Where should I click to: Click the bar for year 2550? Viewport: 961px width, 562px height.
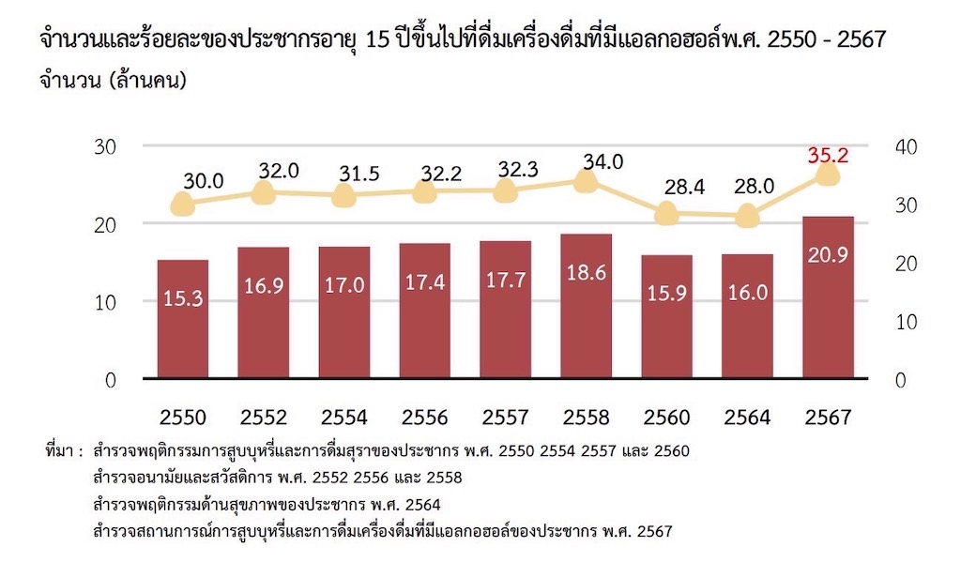[183, 319]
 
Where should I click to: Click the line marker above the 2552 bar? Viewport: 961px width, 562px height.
[264, 193]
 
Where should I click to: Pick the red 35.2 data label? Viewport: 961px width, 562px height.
[828, 154]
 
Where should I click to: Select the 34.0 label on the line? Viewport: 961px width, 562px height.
[603, 161]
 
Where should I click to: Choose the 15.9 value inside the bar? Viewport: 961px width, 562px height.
[666, 292]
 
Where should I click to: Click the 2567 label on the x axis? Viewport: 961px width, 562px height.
[828, 417]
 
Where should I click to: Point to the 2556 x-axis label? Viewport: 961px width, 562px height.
[425, 417]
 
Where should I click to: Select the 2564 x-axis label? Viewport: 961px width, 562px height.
[747, 417]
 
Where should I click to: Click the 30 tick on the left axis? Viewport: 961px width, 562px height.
[104, 146]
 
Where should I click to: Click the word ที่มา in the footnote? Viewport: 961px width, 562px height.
[61, 451]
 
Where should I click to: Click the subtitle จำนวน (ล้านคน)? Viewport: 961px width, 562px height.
[113, 81]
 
